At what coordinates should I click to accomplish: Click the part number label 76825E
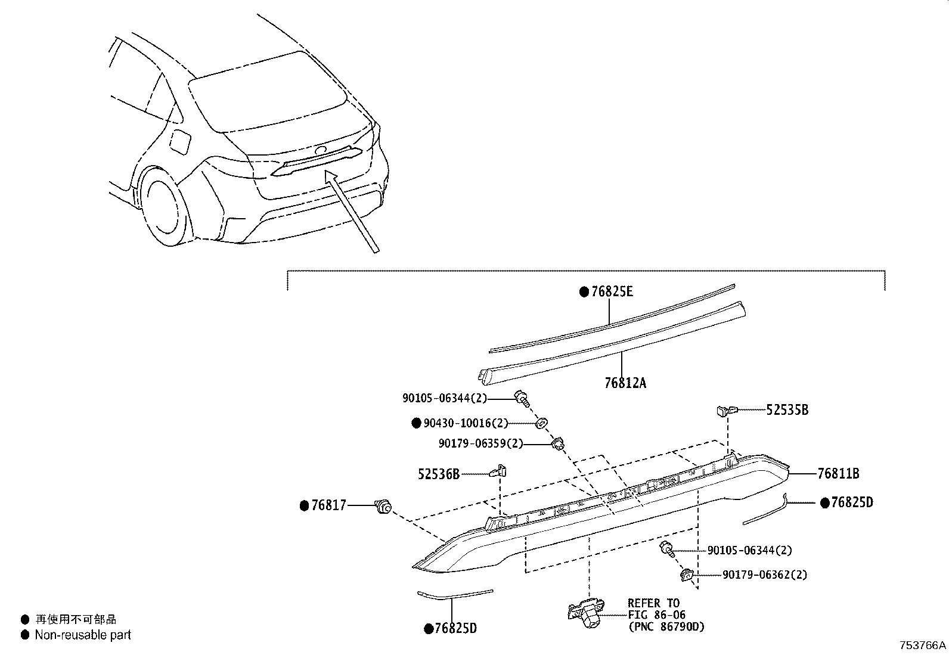pos(612,292)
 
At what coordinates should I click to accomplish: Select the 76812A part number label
pos(625,383)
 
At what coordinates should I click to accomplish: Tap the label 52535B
pos(787,410)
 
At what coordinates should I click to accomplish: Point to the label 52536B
pos(439,474)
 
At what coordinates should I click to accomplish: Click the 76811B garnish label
pos(838,474)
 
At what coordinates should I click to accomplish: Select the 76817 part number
pos(328,506)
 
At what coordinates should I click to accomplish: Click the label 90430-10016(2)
pos(466,423)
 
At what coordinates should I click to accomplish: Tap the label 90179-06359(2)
pos(480,443)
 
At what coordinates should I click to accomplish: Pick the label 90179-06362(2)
pos(765,575)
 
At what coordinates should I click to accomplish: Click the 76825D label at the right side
pos(852,503)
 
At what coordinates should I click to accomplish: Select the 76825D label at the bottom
pos(455,628)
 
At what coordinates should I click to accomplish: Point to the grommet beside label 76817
pos(382,507)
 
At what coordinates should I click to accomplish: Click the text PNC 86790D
pos(666,626)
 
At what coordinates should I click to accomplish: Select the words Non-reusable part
pos(83,635)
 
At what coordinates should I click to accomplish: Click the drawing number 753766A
pos(923,645)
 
